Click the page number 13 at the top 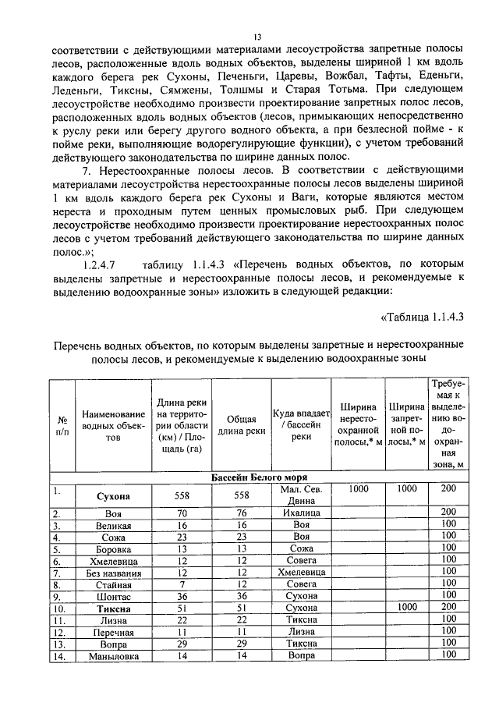pos(257,36)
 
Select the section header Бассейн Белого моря pos(259,477)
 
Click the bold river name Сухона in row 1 pos(113,495)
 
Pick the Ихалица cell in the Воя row pos(302,513)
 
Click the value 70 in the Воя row pos(180,513)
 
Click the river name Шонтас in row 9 pos(113,597)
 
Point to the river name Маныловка pos(113,657)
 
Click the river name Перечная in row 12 pos(113,633)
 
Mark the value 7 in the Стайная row pos(180,584)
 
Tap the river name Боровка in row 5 pos(113,549)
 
